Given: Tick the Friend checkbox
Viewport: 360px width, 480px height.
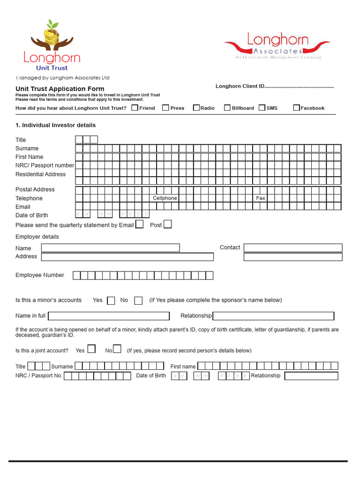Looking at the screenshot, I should [135, 108].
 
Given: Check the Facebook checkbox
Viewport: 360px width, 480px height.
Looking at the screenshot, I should [296, 108].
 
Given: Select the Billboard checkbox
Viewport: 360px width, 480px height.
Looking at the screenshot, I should [227, 108].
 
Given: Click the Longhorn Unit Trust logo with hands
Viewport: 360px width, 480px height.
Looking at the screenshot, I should [52, 45].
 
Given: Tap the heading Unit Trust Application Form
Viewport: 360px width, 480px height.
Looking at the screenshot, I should [60, 89].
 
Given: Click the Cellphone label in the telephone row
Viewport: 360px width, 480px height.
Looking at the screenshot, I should [165, 198].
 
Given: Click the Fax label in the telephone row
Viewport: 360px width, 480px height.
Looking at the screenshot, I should [261, 198].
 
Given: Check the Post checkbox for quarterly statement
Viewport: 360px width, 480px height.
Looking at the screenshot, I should [167, 225].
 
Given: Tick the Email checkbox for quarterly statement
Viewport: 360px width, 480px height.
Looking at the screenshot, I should [139, 225].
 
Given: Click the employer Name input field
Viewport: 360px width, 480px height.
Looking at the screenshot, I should [111, 247].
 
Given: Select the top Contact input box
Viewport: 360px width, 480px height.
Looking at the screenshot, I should [293, 247].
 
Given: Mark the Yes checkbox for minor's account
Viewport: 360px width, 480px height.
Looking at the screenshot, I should [111, 300].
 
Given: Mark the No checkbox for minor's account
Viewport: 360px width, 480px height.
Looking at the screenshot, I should [138, 300].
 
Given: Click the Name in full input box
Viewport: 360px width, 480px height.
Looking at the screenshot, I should [109, 316].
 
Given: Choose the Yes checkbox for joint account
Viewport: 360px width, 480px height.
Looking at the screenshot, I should [92, 349].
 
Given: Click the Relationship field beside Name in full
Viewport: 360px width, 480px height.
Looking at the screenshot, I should [273, 316].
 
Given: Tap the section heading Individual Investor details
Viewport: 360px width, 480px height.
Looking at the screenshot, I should [55, 125].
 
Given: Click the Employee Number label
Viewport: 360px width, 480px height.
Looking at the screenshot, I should [40, 275].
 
